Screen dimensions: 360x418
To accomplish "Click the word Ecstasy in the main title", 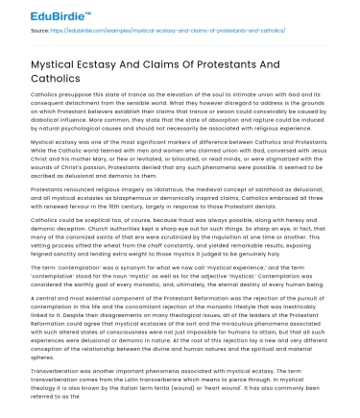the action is (105, 60).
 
